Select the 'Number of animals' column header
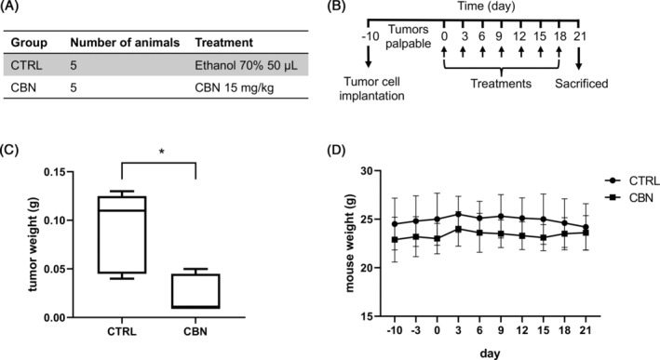pyautogui.click(x=114, y=43)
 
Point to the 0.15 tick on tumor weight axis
pyautogui.click(x=61, y=171)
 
